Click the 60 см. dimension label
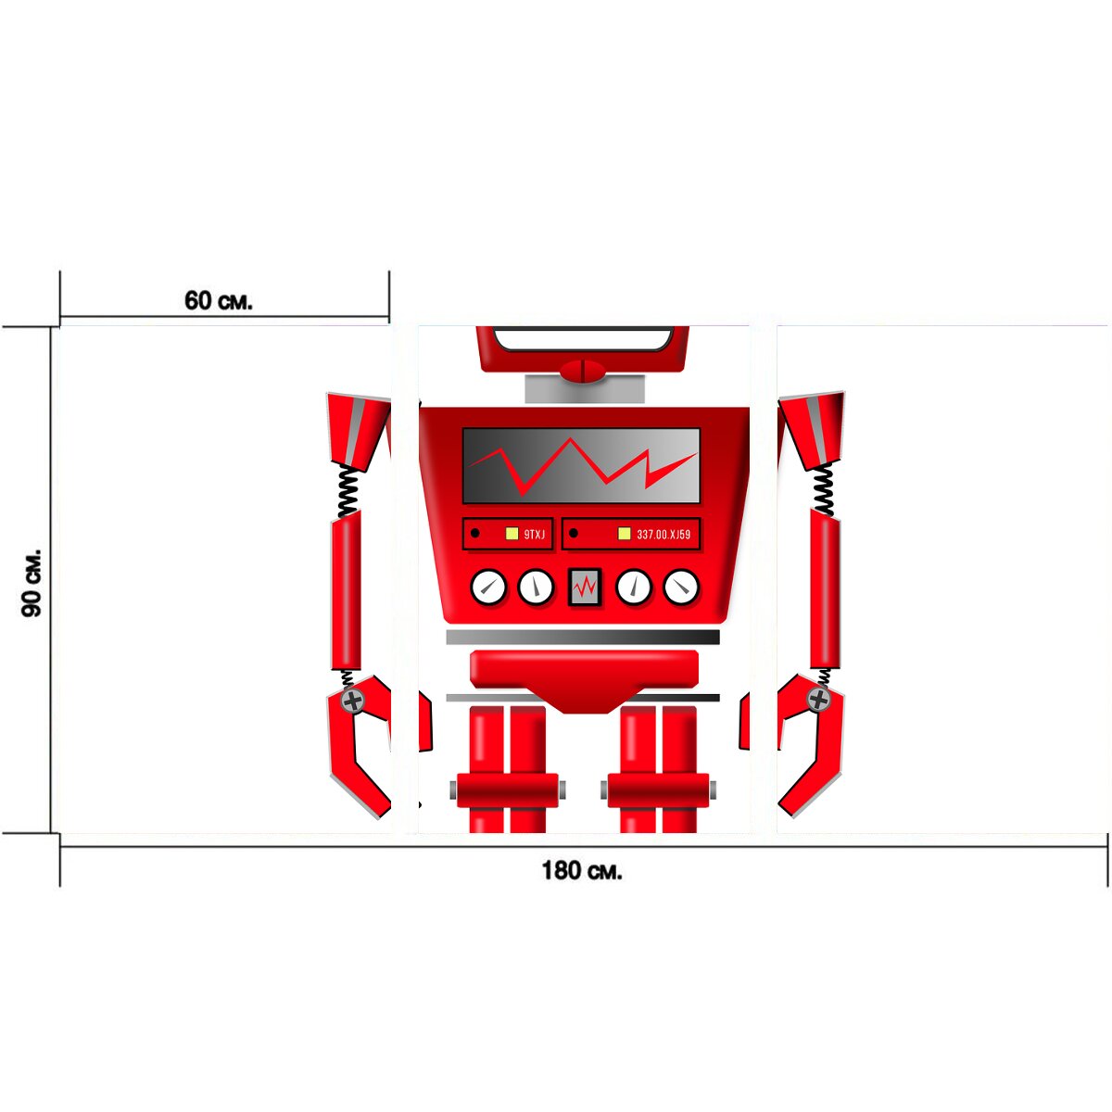pos(218,300)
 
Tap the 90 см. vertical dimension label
pos(32,582)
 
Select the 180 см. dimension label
pos(582,869)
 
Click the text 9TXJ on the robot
pos(535,535)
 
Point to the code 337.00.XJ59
pos(663,535)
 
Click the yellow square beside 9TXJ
pos(512,534)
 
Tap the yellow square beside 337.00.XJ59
pos(624,534)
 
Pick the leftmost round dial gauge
pos(488,587)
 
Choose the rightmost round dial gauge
pos(681,587)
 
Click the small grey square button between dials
pos(585,587)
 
